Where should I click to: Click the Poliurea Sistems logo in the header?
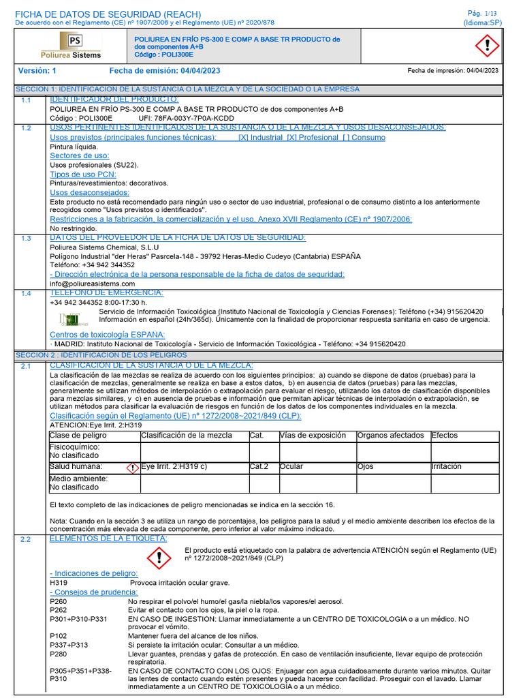[x=70, y=46]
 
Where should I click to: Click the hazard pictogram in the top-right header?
[x=486, y=46]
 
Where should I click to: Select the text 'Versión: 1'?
[x=37, y=71]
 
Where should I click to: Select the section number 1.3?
[x=26, y=239]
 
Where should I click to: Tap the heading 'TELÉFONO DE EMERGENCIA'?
[x=106, y=293]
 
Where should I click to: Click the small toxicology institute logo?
[x=69, y=318]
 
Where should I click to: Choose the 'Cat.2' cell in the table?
[x=259, y=467]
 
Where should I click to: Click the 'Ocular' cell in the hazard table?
[x=291, y=467]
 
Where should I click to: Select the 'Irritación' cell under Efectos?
[x=446, y=467]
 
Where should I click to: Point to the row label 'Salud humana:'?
[x=76, y=467]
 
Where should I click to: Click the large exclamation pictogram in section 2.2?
[x=159, y=558]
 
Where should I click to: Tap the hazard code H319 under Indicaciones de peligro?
[x=59, y=583]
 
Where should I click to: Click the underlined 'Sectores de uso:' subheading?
[x=80, y=156]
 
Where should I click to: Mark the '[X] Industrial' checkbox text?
[x=259, y=138]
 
